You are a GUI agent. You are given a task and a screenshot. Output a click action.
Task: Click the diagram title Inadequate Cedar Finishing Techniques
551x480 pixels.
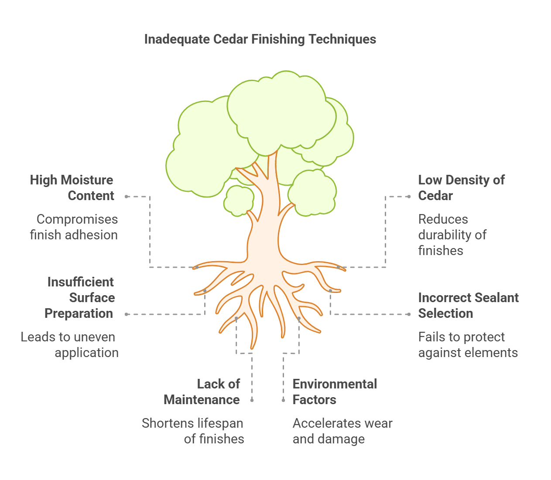260,39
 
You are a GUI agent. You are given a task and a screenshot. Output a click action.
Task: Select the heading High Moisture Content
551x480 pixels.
72,188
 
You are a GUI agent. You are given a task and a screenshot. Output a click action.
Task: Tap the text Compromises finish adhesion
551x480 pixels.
74,227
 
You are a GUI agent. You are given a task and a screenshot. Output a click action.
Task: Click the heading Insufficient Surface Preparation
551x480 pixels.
80,298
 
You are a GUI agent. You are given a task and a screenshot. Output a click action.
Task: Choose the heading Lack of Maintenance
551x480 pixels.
202,392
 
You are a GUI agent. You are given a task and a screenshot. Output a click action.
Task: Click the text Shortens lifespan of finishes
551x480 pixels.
193,431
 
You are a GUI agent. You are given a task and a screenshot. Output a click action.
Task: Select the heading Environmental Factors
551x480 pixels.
334,392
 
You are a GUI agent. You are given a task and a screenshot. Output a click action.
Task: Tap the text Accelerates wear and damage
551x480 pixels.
342,431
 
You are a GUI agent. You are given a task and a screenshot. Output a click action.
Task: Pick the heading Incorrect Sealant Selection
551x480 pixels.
468,306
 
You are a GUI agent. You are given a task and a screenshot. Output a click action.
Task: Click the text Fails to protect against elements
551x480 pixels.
468,345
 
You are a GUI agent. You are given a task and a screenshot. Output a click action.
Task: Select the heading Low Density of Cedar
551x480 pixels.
461,188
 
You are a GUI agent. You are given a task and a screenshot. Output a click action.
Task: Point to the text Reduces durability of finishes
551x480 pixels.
452,235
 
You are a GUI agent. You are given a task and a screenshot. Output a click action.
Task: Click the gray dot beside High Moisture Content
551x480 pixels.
127,197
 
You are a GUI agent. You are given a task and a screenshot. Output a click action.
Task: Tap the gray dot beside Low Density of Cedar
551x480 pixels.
409,197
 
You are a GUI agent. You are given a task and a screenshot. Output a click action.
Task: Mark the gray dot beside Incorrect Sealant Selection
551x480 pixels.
409,314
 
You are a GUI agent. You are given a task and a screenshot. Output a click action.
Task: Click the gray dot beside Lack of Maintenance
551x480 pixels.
252,400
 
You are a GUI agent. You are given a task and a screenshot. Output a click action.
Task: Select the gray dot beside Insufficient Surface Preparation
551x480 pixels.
127,314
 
